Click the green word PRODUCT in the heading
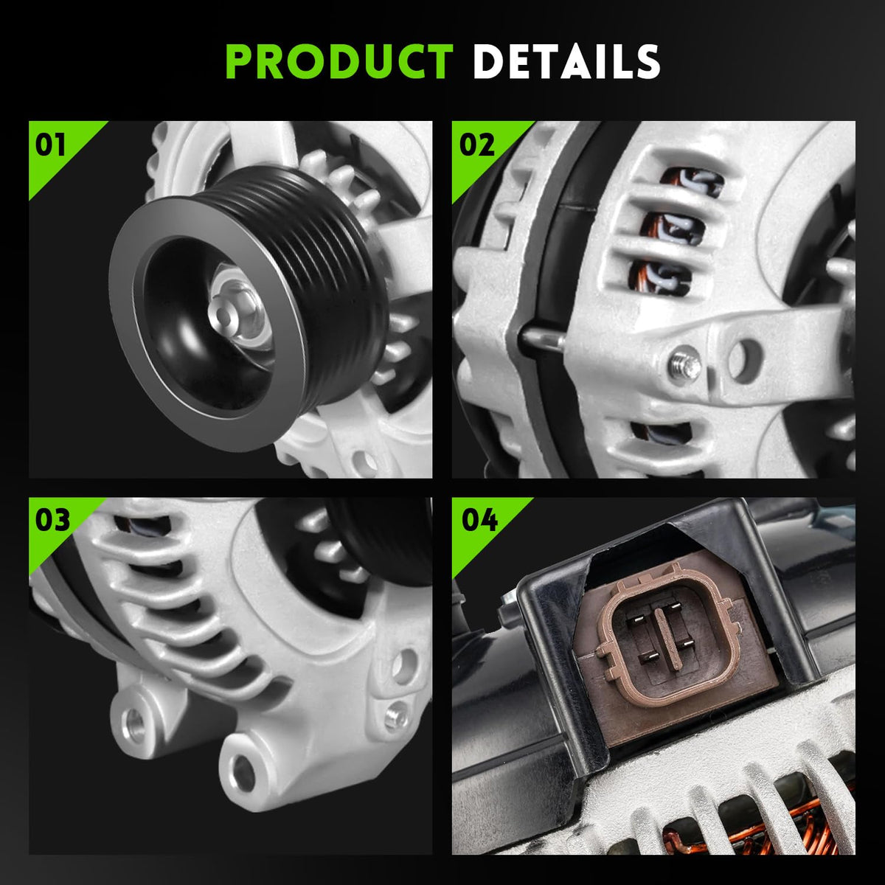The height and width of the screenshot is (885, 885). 339,62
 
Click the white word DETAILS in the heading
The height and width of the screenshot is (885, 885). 566,62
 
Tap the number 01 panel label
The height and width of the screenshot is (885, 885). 51,145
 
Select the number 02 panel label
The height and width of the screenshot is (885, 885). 476,145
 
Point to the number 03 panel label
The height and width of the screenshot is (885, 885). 52,521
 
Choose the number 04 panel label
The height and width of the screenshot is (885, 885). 479,521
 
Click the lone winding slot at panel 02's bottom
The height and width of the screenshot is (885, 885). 662,434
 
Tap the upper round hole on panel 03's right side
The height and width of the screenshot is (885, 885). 404,664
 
